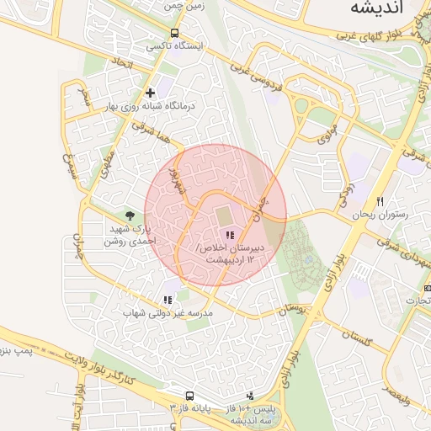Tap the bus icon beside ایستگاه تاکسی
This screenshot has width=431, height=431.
(x=173, y=34)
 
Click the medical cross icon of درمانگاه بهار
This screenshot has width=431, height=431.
(x=150, y=93)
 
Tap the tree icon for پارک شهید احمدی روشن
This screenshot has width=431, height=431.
(x=129, y=216)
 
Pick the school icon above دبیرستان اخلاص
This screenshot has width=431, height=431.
(x=230, y=235)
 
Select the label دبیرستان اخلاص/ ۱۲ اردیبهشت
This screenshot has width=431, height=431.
(x=228, y=254)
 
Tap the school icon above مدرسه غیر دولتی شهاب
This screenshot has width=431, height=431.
(x=167, y=299)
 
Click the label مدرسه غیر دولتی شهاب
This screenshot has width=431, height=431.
(x=168, y=313)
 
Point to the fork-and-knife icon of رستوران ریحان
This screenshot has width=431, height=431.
(x=380, y=201)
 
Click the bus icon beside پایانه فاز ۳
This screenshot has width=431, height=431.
(x=189, y=396)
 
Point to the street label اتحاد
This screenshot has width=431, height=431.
(x=125, y=64)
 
